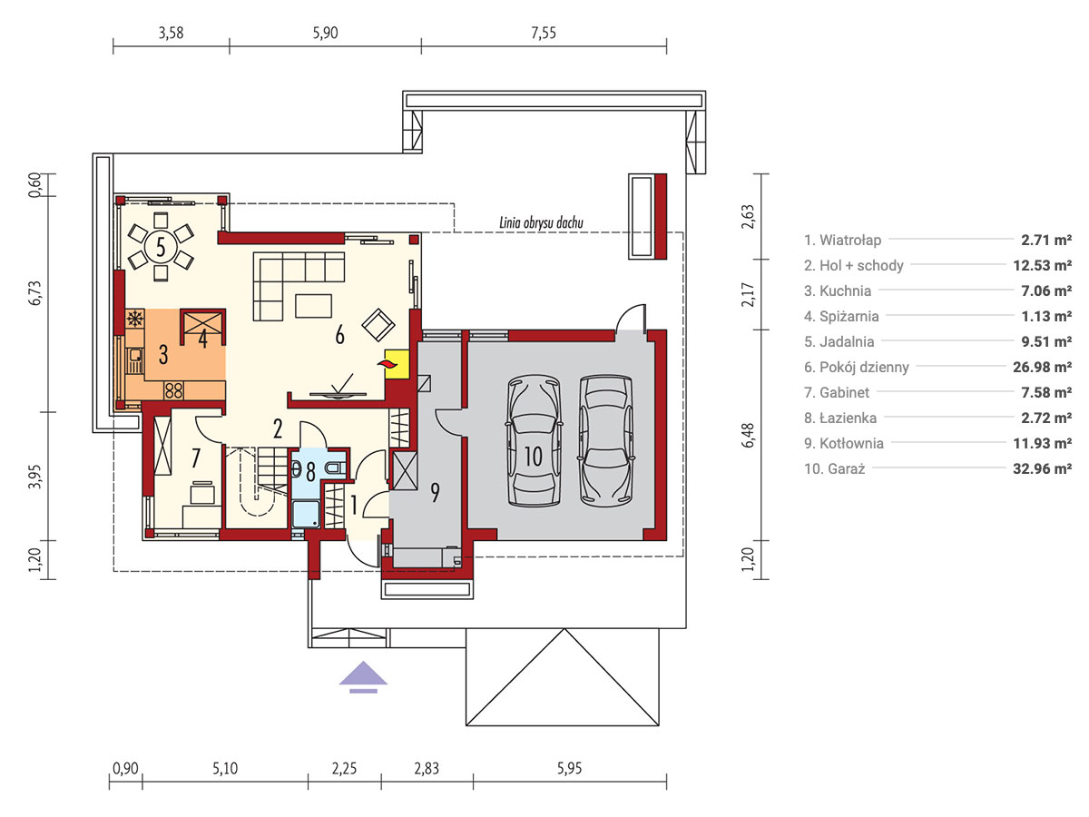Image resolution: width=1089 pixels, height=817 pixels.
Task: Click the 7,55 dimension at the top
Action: (544, 33)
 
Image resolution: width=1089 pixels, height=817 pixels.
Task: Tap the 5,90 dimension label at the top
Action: (325, 33)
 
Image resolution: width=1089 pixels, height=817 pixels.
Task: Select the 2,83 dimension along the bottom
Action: (427, 768)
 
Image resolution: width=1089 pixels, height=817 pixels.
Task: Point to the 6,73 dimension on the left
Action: (34, 292)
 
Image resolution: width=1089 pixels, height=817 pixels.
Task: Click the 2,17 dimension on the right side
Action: (748, 294)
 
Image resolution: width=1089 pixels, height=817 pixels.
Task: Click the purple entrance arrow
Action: (363, 676)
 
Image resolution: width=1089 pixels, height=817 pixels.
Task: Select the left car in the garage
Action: (534, 441)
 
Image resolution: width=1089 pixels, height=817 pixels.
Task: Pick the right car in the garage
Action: (606, 441)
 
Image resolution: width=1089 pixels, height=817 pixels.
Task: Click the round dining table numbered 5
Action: (161, 247)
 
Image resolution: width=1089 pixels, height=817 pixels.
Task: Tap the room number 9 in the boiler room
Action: (435, 492)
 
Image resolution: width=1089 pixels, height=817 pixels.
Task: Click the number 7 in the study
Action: (196, 458)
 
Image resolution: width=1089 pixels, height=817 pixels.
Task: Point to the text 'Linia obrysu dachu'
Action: (541, 222)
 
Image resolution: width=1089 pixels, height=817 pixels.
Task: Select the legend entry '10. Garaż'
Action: (835, 468)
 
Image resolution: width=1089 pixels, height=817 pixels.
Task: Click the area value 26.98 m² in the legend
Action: (1042, 367)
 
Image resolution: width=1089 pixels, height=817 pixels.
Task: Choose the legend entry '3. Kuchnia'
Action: (838, 290)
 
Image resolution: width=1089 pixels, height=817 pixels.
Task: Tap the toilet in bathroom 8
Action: (336, 468)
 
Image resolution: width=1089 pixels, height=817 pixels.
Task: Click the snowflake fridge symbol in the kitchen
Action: (135, 318)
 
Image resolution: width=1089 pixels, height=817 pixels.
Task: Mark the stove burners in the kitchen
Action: (173, 390)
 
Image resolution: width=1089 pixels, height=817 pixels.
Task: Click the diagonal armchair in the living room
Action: (378, 325)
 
